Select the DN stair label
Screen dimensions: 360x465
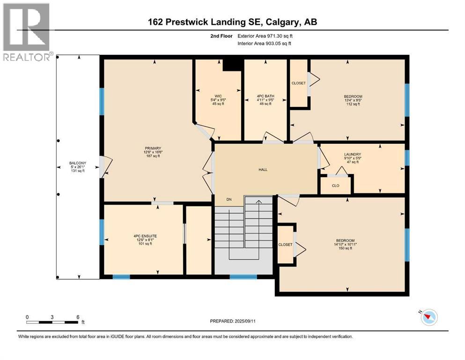click(229, 200)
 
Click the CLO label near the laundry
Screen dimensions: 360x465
click(335, 186)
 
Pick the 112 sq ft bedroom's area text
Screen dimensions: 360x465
click(353, 104)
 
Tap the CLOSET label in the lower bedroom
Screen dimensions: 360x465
click(285, 245)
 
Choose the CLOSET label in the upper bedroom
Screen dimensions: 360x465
click(298, 83)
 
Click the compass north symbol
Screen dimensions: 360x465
click(428, 317)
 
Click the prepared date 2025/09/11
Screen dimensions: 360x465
click(233, 321)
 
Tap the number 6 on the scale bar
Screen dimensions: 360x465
click(78, 317)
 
